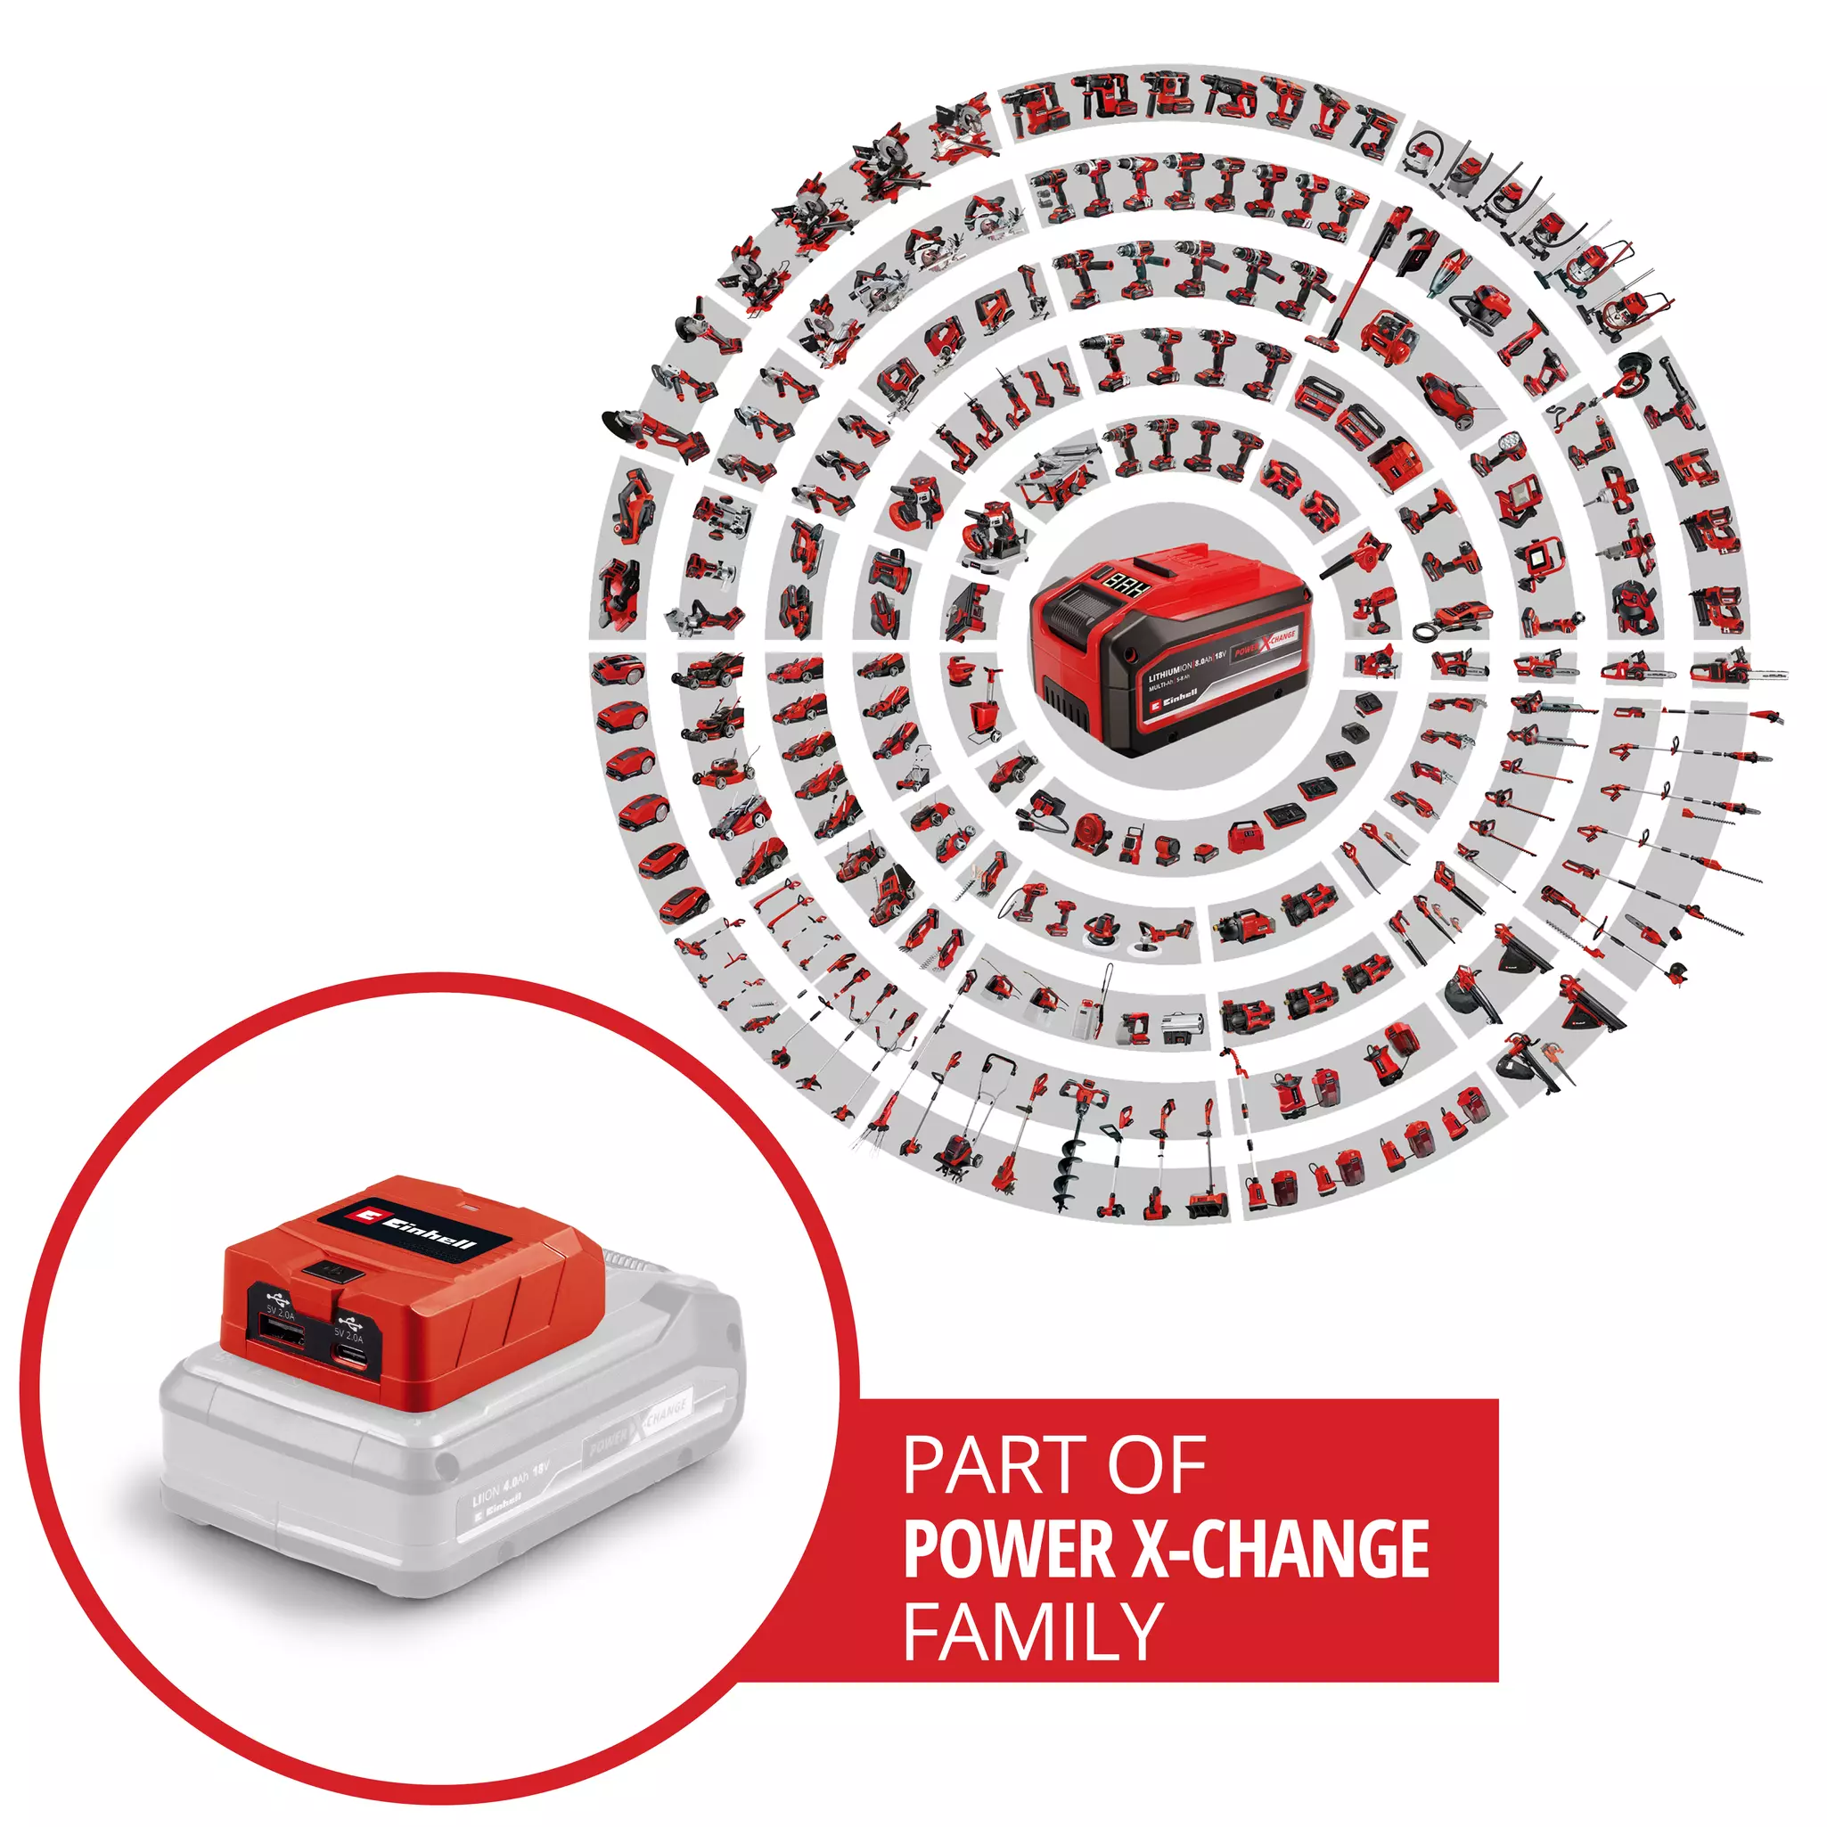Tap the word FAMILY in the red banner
[x=1033, y=1630]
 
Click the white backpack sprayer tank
[x=1084, y=1020]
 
